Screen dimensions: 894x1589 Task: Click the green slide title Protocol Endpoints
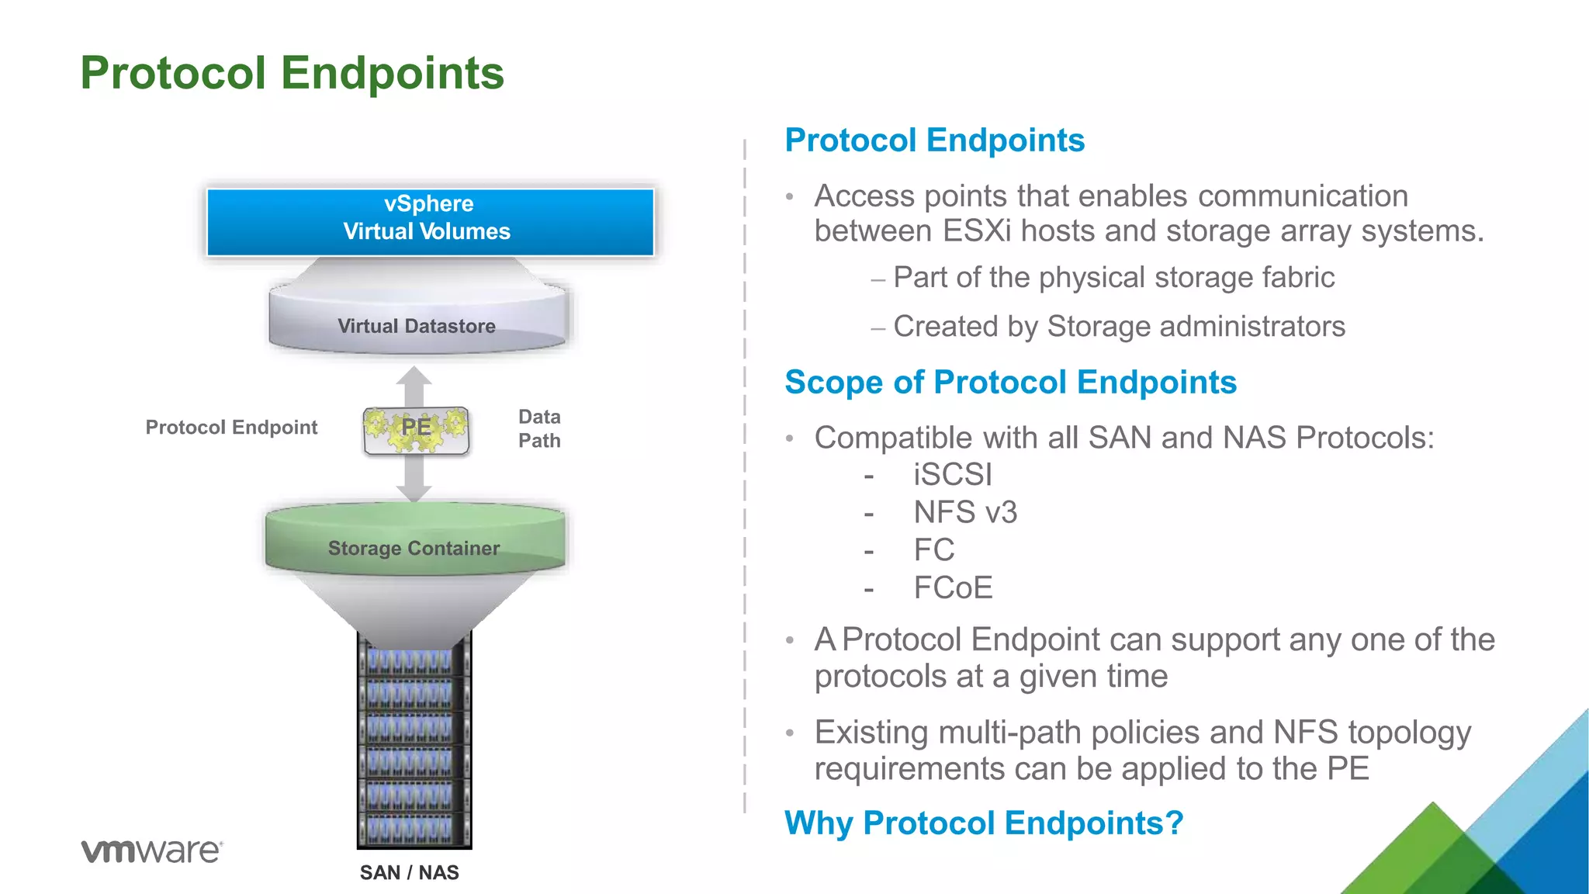pos(292,73)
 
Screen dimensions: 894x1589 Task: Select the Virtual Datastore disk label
pos(417,326)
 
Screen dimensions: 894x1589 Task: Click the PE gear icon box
pos(416,429)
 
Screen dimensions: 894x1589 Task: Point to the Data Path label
pos(539,428)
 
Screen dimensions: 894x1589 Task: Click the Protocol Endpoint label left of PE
pos(231,428)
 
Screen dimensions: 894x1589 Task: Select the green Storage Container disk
pos(414,543)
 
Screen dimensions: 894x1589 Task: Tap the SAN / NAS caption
pos(409,873)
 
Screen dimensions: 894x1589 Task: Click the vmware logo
pos(152,851)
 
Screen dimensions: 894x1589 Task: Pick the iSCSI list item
pos(952,475)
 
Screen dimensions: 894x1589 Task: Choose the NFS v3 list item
pos(964,512)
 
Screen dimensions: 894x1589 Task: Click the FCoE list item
pos(953,588)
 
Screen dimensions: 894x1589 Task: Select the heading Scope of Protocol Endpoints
pos(1010,383)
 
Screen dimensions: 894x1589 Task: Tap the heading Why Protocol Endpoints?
pos(984,823)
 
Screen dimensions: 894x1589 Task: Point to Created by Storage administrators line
pos(1119,327)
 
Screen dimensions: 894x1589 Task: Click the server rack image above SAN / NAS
pos(414,745)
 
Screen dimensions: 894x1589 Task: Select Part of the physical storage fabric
pos(1113,278)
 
